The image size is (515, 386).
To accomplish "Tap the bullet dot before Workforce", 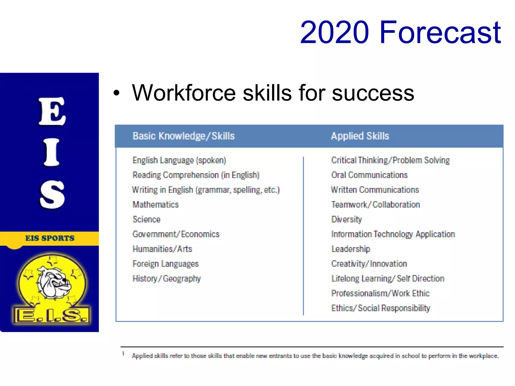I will (116, 93).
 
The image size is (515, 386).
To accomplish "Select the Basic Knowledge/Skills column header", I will (184, 136).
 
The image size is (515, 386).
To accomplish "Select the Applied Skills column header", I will (360, 136).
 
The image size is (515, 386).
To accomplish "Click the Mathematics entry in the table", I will (155, 205).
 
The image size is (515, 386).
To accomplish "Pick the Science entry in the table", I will (146, 219).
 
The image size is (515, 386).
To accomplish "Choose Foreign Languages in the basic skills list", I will (165, 264).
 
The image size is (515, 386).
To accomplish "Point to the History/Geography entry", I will (166, 279).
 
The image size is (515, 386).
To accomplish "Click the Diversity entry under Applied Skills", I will (346, 219).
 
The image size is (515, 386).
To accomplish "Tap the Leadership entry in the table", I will (351, 249).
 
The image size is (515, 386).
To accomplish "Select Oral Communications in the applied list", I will (369, 175).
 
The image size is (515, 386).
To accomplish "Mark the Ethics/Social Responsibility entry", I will (380, 308).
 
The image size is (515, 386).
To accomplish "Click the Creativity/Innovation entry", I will (369, 264).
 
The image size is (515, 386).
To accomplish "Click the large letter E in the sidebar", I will (52, 111).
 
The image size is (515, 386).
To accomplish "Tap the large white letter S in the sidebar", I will (52, 195).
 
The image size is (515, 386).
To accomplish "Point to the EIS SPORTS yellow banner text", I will (50, 238).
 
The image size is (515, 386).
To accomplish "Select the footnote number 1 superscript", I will (123, 353).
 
